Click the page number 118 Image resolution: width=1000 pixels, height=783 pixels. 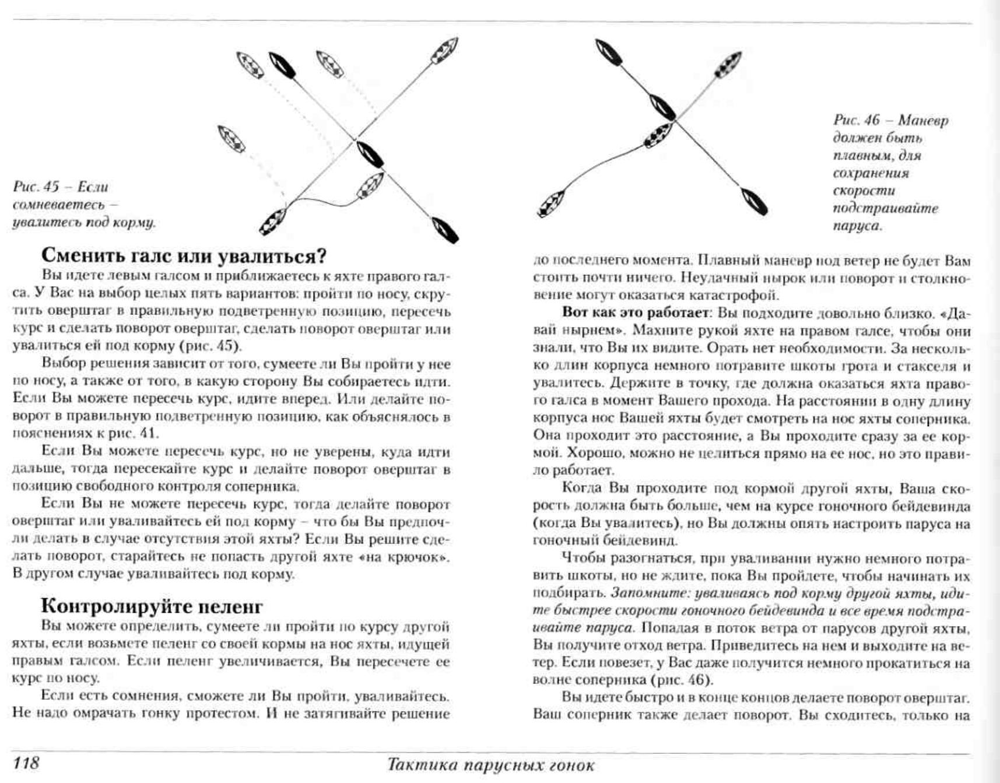pos(26,763)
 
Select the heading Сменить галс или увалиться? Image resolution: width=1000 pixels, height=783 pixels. pos(184,256)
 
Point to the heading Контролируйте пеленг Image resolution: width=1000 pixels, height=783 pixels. pos(152,606)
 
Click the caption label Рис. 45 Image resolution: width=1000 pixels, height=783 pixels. pos(36,187)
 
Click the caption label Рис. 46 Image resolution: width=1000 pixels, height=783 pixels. pos(856,121)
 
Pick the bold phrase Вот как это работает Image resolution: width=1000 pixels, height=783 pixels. pos(634,313)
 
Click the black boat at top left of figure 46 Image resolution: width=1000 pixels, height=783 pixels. pos(609,52)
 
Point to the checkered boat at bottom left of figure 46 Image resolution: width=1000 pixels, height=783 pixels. pos(550,204)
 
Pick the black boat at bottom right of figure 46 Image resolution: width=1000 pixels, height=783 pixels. pos(755,201)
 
